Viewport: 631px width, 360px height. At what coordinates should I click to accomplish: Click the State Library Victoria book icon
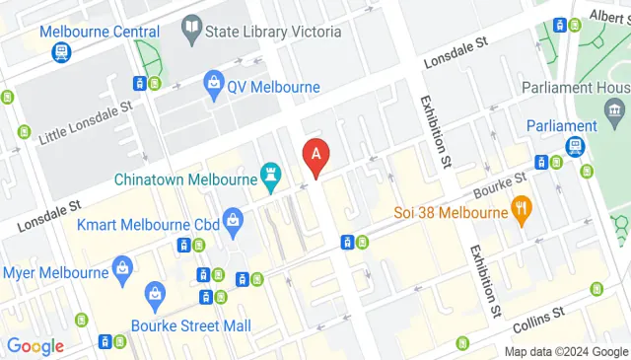coord(192,29)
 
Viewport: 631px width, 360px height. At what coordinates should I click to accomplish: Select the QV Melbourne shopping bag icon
coord(213,87)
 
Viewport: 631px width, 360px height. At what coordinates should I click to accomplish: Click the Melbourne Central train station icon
coord(61,51)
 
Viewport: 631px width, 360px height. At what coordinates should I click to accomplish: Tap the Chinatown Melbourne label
coord(184,180)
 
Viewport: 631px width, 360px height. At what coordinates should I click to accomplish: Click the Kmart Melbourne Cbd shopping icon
coord(233,218)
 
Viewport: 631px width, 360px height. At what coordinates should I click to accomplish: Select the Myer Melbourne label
coord(55,272)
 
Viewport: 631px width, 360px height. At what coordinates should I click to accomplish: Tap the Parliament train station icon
coord(574,146)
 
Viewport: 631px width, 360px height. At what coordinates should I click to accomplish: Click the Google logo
coord(35,346)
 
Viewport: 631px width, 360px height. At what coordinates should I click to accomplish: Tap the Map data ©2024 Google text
coord(566,351)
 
